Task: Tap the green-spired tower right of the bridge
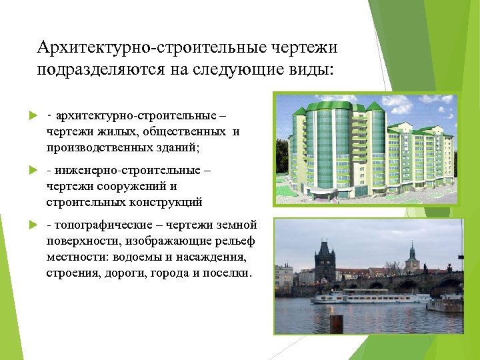(x=411, y=257)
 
